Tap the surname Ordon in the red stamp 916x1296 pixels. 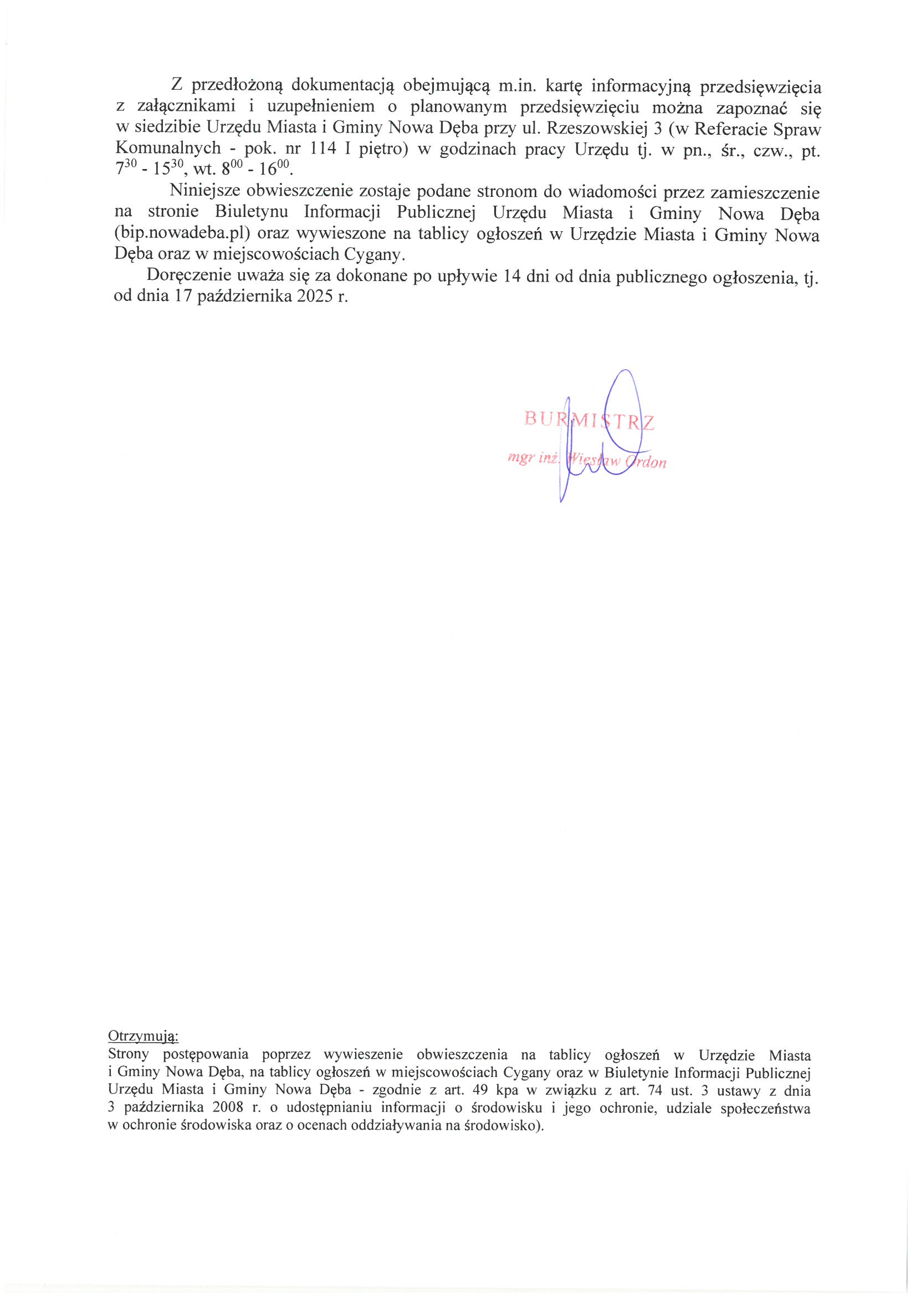[647, 462]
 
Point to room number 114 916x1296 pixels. [324, 149]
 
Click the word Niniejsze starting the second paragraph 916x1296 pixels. [206, 191]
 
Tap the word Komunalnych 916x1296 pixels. [168, 149]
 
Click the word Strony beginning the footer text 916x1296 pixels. [128, 1054]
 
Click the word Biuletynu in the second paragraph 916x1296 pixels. [252, 212]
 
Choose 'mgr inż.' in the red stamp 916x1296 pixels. [532, 458]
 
